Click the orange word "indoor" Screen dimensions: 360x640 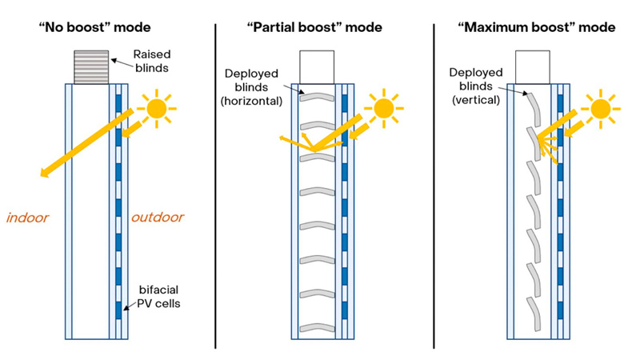[x=29, y=217]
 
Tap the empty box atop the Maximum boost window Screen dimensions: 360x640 [x=532, y=66]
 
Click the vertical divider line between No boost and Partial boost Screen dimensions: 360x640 [x=214, y=184]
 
